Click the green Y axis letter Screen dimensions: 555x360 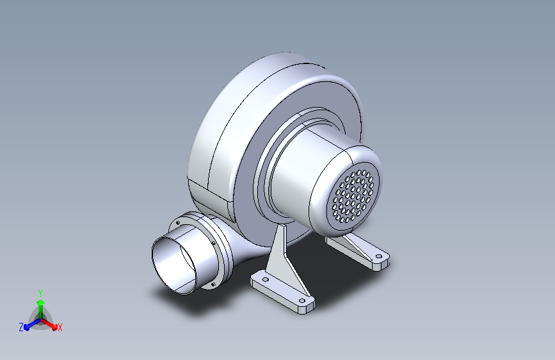pos(40,293)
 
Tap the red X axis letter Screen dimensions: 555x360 pos(60,327)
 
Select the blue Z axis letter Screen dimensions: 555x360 pos(21,327)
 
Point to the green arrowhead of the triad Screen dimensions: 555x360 pos(40,302)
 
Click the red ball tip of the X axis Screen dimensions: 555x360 pos(54,327)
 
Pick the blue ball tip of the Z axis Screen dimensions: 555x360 pos(27,327)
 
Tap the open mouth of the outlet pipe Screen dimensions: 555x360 pos(173,265)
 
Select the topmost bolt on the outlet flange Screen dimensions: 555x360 pos(178,223)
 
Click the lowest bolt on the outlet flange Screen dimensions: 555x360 pos(213,284)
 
